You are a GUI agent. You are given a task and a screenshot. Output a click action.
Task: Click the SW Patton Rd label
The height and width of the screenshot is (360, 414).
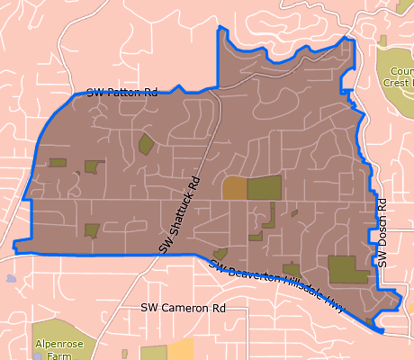(x=122, y=92)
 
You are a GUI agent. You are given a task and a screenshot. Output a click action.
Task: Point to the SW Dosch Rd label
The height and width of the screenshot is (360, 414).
(x=382, y=232)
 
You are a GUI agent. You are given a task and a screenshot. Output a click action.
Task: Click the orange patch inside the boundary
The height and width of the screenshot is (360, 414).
(x=234, y=188)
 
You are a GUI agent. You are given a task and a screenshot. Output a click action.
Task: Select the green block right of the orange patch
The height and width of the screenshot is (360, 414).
(x=264, y=188)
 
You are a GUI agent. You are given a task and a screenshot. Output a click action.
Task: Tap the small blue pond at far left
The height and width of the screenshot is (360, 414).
(x=11, y=279)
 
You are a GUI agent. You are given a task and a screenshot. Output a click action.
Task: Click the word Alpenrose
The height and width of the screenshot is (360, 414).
(x=58, y=344)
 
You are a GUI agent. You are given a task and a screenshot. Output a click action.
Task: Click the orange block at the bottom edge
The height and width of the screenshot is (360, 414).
(x=180, y=350)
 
